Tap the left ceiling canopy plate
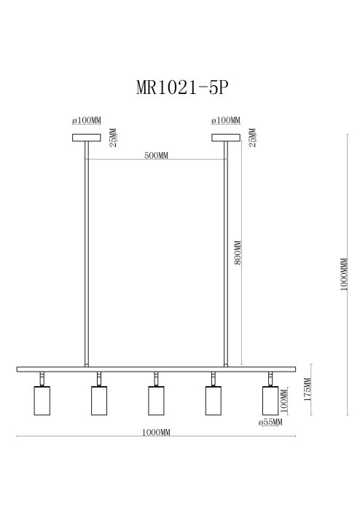[x=86, y=137]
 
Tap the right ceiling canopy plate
[x=225, y=137]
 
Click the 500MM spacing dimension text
[x=156, y=156]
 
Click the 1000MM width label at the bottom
[x=156, y=433]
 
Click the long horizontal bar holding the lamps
[x=156, y=369]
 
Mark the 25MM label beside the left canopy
[x=112, y=137]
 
